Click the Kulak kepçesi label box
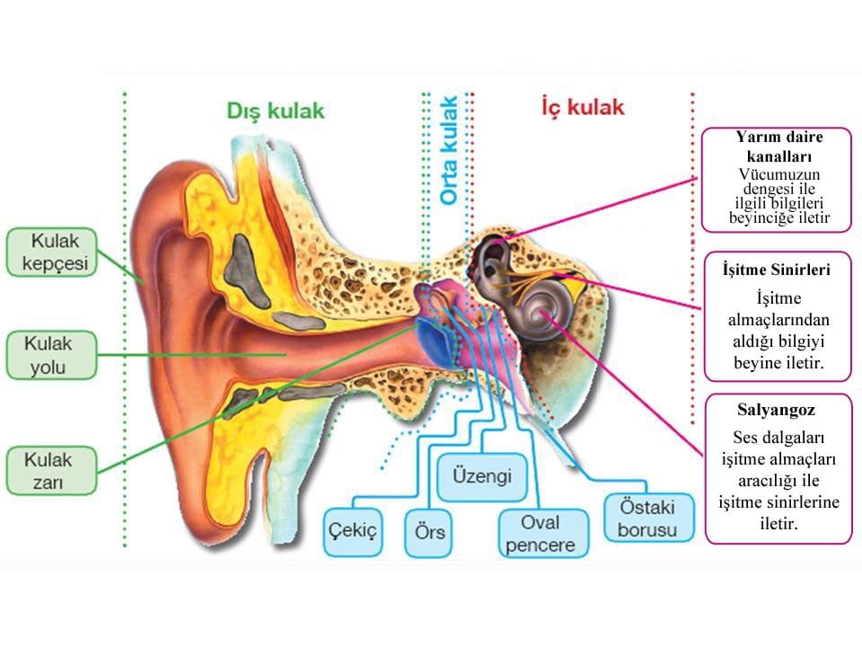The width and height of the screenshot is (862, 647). [50, 252]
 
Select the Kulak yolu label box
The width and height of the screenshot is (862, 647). [50, 355]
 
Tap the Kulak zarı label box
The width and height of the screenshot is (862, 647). [50, 472]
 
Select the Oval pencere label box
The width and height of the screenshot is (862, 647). [541, 534]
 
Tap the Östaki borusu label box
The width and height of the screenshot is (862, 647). [646, 518]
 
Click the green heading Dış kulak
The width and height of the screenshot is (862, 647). [276, 111]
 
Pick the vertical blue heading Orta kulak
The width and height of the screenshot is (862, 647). [449, 150]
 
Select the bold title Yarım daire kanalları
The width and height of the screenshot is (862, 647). [778, 146]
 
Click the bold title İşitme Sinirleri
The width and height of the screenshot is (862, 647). [777, 269]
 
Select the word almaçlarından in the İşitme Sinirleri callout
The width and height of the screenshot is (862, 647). [778, 320]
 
